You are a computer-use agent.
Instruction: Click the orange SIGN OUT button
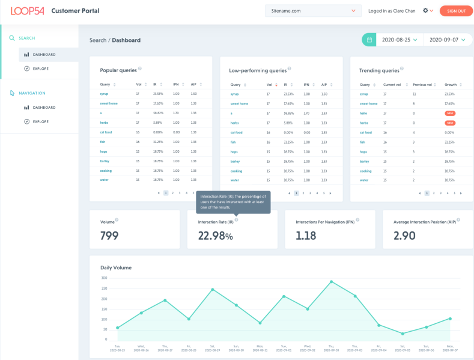point(456,11)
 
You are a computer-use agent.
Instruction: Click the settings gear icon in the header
point(425,11)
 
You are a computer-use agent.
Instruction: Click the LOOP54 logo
point(28,11)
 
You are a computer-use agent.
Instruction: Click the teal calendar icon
point(369,40)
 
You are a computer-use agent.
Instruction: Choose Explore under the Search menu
point(40,69)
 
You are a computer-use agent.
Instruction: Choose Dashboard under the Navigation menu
point(44,108)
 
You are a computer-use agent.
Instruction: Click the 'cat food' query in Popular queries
point(106,132)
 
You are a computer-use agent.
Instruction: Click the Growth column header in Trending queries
point(451,85)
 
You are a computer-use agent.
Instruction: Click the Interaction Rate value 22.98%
point(215,236)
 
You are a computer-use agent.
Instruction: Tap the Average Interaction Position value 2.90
point(404,236)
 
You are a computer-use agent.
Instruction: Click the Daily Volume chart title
point(116,267)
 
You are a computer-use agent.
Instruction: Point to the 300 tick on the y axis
point(104,278)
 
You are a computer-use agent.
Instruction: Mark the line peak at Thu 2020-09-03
point(331,281)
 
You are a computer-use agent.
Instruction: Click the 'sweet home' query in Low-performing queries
point(239,103)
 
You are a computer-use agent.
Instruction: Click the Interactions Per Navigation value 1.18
point(306,236)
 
